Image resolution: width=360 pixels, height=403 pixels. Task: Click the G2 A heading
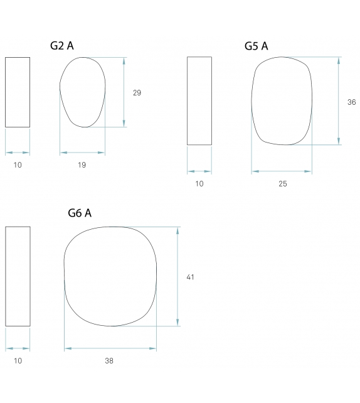(x=62, y=46)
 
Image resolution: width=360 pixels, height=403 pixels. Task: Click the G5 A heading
(x=257, y=46)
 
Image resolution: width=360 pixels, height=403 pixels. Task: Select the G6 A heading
(x=80, y=213)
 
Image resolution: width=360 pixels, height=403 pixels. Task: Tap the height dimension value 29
(x=137, y=93)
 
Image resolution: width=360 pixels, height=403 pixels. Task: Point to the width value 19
(x=82, y=165)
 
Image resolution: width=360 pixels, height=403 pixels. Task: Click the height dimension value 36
(x=351, y=102)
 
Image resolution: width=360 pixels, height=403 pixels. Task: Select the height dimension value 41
(x=191, y=277)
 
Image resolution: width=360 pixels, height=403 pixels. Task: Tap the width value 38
(x=110, y=361)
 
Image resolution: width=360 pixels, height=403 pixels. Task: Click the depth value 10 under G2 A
(x=18, y=165)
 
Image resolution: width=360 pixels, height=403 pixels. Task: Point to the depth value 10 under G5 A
(x=199, y=184)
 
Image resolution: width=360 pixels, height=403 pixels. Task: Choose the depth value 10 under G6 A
(x=18, y=361)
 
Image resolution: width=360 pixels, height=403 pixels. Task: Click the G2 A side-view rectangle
(x=18, y=92)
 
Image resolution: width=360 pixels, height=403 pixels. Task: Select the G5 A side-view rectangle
(x=199, y=101)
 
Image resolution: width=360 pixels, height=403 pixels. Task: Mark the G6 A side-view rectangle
(x=18, y=276)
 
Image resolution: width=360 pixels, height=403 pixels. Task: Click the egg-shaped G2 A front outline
(x=82, y=92)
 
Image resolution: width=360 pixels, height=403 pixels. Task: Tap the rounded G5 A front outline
(x=282, y=101)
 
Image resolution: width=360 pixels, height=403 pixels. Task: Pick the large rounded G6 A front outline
(x=110, y=276)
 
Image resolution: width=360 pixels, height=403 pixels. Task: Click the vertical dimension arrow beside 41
(x=178, y=276)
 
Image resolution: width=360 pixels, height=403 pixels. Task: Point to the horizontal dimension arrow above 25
(x=282, y=171)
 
